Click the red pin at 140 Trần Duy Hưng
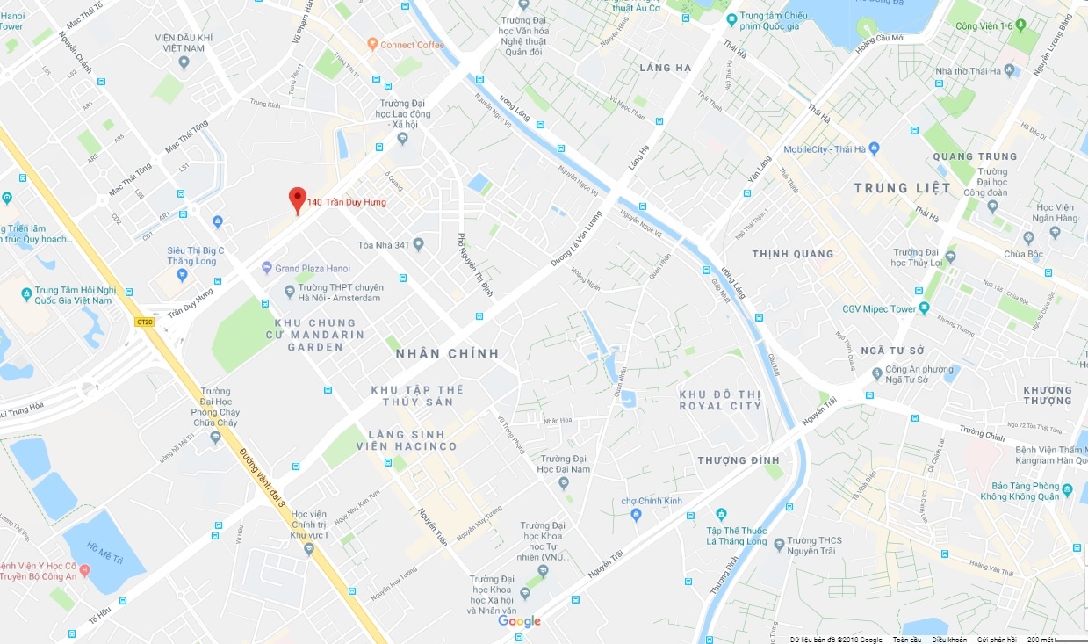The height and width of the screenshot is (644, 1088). click(x=298, y=199)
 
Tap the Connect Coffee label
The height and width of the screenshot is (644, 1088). click(x=412, y=44)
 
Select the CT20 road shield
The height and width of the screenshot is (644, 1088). click(x=145, y=322)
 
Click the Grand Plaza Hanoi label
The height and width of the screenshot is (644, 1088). click(x=312, y=268)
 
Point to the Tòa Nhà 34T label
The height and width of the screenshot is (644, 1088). click(x=385, y=245)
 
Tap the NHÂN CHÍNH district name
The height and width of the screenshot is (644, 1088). click(x=447, y=354)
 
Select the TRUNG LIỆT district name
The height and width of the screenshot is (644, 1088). click(x=902, y=188)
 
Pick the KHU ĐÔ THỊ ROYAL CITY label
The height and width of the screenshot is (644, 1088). click(x=720, y=400)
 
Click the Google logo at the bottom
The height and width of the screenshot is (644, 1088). click(x=519, y=621)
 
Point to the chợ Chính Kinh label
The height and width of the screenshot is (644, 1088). click(x=651, y=501)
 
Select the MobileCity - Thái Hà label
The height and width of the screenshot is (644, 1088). click(x=825, y=149)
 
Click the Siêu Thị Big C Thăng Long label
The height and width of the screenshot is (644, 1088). click(x=196, y=256)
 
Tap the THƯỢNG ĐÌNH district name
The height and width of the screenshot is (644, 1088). click(x=739, y=460)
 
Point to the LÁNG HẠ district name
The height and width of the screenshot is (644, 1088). click(x=666, y=68)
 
